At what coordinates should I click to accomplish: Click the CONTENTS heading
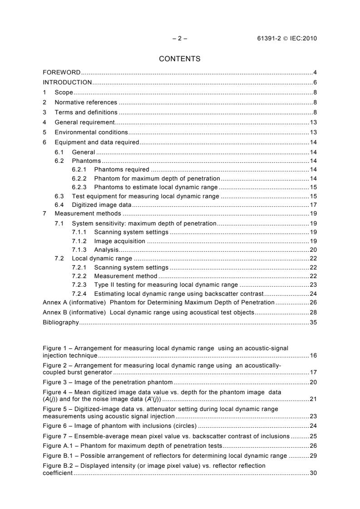(x=180, y=59)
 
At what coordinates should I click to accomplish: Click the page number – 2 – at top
(x=180, y=38)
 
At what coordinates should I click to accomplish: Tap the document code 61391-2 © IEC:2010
(x=287, y=38)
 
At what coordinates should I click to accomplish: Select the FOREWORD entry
(x=62, y=73)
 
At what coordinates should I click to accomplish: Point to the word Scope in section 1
(x=64, y=92)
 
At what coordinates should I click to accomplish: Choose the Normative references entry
(x=86, y=102)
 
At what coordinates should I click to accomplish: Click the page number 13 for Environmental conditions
(x=313, y=132)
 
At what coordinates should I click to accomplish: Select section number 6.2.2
(x=80, y=178)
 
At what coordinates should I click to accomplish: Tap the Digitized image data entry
(x=102, y=205)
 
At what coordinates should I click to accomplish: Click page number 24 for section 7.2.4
(x=313, y=294)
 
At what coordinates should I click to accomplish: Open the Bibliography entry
(x=60, y=323)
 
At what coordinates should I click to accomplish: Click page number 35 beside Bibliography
(x=313, y=323)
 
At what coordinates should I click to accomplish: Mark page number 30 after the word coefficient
(x=313, y=473)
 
